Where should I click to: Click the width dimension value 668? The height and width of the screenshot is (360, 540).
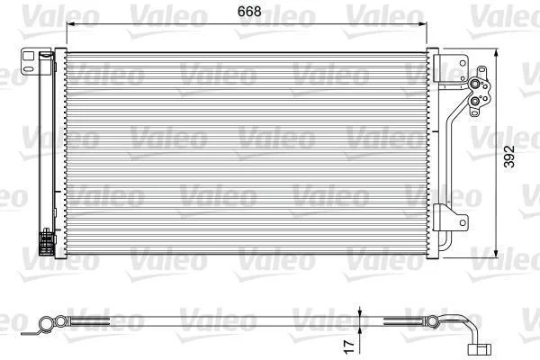click(249, 12)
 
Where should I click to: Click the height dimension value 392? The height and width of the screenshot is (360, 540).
click(509, 157)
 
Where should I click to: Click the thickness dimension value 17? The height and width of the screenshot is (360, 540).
click(349, 346)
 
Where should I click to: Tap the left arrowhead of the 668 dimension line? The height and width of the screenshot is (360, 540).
click(70, 23)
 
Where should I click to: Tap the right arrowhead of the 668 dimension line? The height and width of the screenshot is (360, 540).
click(423, 23)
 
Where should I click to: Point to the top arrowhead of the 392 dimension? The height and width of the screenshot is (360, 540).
click(496, 53)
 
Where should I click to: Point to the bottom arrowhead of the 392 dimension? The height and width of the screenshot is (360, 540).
click(496, 253)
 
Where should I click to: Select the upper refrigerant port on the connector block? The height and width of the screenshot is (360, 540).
click(475, 84)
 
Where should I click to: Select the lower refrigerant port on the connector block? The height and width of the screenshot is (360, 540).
click(475, 101)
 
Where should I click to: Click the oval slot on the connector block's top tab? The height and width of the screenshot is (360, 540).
click(481, 70)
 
